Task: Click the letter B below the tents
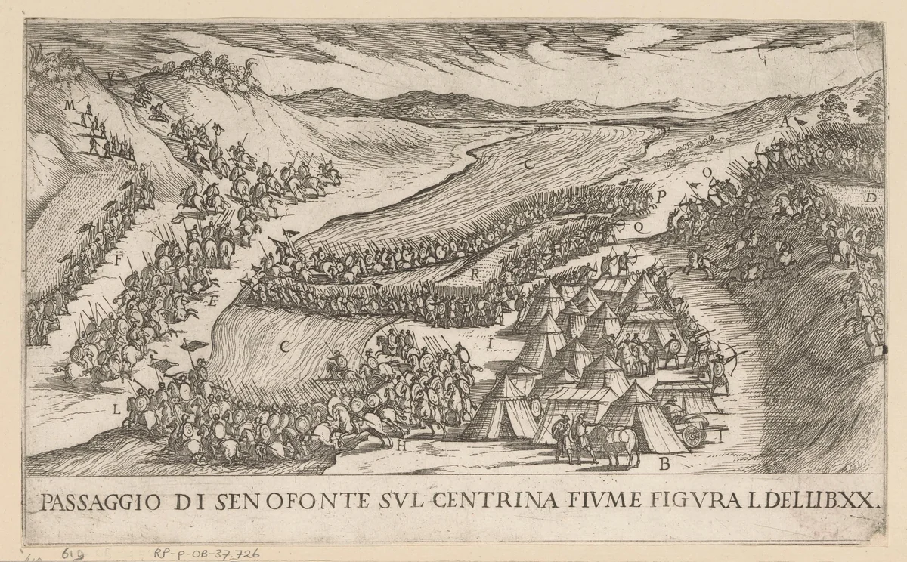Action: [664, 465]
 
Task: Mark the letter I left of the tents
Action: [491, 345]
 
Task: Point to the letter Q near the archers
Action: [637, 225]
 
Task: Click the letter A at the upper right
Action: [785, 120]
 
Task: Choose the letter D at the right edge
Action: [871, 198]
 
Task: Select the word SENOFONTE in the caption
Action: [286, 501]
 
